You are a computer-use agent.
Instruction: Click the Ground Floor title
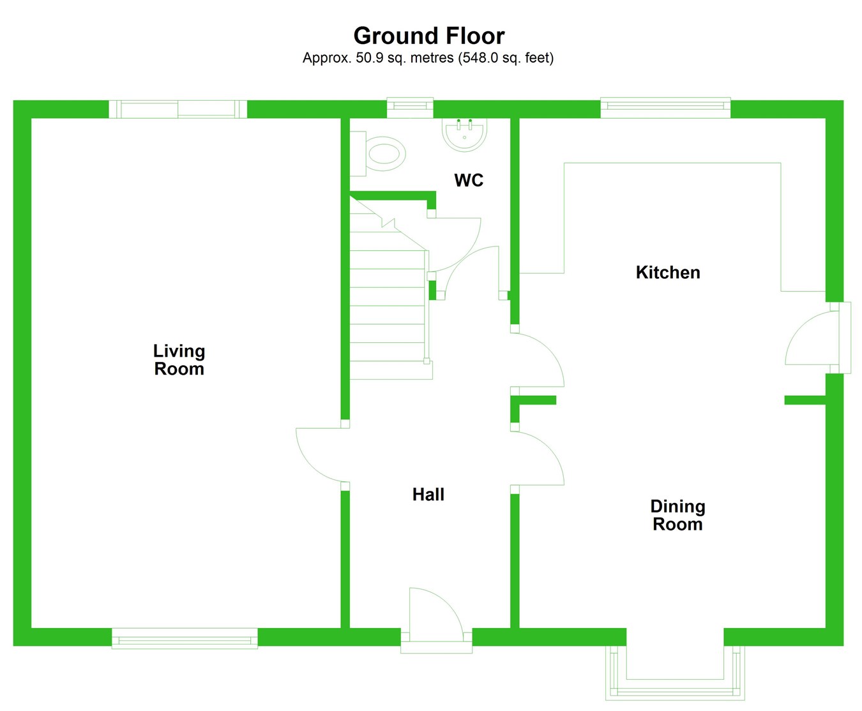click(428, 36)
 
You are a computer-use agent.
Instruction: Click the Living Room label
click(179, 360)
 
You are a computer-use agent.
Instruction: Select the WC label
click(469, 181)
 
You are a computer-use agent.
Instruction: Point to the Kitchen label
click(668, 273)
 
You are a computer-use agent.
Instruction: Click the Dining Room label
click(677, 516)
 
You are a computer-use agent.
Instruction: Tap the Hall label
click(428, 495)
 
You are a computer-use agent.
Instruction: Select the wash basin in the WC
click(465, 134)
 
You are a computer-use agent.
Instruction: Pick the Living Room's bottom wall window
click(185, 638)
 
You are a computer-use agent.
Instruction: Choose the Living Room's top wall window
click(178, 109)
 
